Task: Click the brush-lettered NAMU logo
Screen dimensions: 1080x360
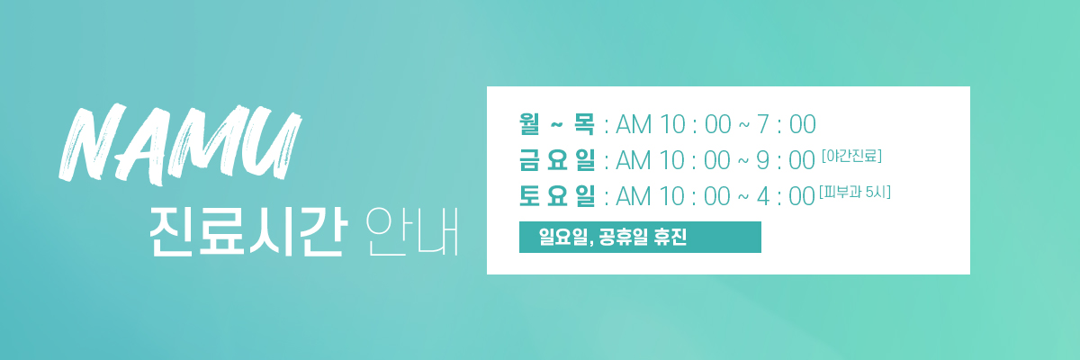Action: pyautogui.click(x=180, y=145)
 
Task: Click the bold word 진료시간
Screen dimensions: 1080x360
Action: pyautogui.click(x=248, y=232)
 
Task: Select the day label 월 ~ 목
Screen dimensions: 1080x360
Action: pyautogui.click(x=557, y=124)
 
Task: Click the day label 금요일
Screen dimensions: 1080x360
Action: pyautogui.click(x=557, y=160)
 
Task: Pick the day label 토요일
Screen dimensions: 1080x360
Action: pyautogui.click(x=557, y=196)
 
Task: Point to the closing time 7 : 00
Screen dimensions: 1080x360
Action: pyautogui.click(x=786, y=124)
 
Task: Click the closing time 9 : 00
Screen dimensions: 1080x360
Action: pyautogui.click(x=786, y=160)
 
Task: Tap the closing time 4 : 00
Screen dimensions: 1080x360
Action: pyautogui.click(x=786, y=196)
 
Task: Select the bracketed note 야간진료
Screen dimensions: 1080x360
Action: pyautogui.click(x=852, y=156)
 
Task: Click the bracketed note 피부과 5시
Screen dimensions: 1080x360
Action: pyautogui.click(x=855, y=193)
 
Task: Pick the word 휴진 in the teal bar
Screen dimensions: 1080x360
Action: pyautogui.click(x=670, y=237)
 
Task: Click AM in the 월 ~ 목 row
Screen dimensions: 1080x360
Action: pyautogui.click(x=634, y=124)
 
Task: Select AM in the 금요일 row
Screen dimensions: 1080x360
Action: pyautogui.click(x=634, y=160)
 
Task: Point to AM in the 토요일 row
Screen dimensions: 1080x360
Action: pyautogui.click(x=634, y=196)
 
